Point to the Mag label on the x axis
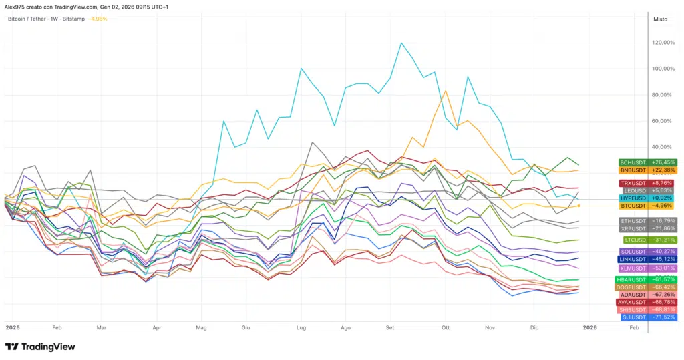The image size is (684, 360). click(x=202, y=329)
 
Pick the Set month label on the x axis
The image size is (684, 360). click(x=391, y=329)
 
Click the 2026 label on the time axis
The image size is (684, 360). click(x=590, y=329)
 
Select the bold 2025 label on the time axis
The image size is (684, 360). click(x=13, y=329)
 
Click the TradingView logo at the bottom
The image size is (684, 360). click(x=40, y=347)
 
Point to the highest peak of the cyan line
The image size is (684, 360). click(x=401, y=43)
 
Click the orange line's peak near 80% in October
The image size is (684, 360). click(x=446, y=91)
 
